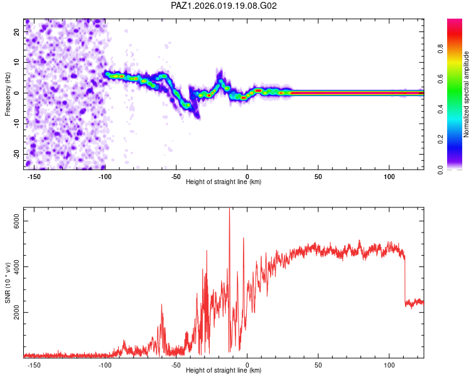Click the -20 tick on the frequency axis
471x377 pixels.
[18, 154]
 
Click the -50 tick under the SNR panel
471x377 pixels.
[176, 364]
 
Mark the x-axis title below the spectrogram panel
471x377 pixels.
[224, 182]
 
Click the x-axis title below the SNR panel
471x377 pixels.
[224, 371]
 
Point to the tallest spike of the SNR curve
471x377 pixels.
[229, 211]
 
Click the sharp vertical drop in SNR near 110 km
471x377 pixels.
[405, 280]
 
